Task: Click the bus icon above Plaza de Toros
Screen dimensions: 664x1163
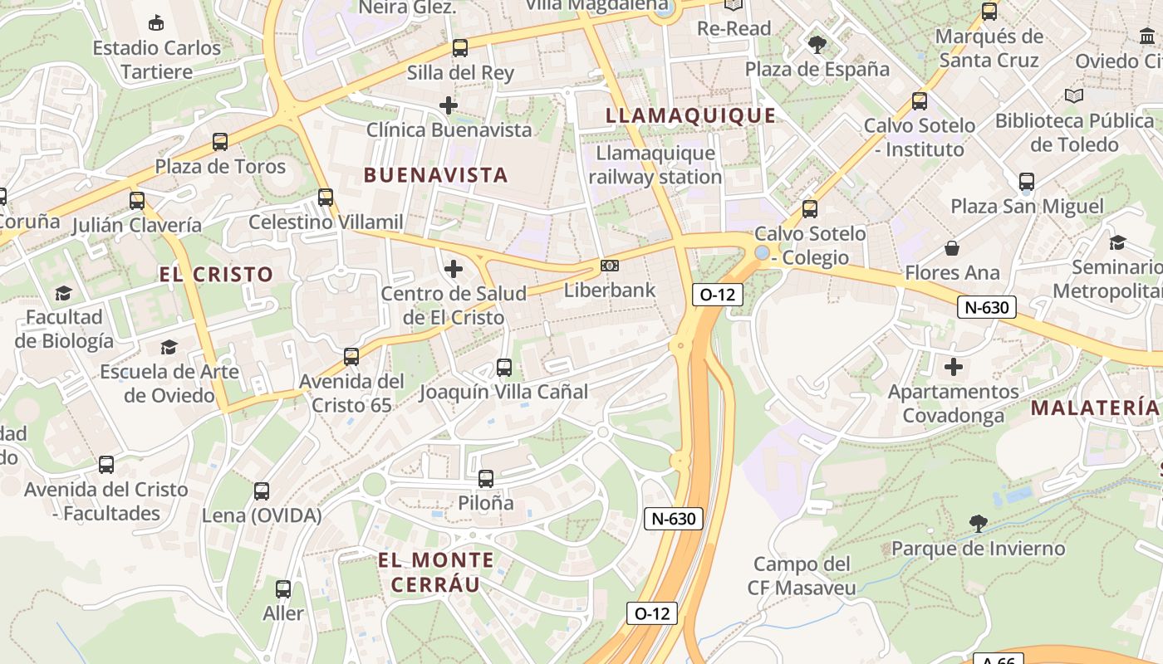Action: click(220, 142)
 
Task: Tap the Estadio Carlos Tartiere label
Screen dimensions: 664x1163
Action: click(157, 60)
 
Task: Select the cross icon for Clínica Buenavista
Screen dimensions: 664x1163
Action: click(449, 105)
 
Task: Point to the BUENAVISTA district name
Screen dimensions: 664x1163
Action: click(436, 175)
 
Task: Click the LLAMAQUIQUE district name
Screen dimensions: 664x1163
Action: click(691, 115)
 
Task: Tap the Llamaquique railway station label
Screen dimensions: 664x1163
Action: click(655, 165)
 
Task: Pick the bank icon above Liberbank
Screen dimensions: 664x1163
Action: click(610, 266)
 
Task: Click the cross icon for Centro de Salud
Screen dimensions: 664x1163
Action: click(454, 269)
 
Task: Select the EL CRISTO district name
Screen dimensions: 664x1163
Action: click(216, 275)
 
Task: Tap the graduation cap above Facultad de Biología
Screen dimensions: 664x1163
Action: click(63, 293)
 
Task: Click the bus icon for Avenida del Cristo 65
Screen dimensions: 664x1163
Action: click(351, 357)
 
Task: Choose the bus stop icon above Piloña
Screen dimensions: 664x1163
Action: click(486, 479)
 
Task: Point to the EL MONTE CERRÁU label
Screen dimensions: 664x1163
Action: click(436, 572)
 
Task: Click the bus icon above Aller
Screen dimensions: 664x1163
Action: click(283, 589)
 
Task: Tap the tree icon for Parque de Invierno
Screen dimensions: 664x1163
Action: click(979, 524)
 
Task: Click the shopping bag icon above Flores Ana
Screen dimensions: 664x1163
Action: click(952, 248)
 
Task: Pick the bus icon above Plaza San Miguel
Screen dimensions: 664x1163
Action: click(1027, 182)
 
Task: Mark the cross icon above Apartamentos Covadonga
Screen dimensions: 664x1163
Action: click(954, 366)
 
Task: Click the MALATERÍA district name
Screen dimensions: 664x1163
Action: click(1094, 408)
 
